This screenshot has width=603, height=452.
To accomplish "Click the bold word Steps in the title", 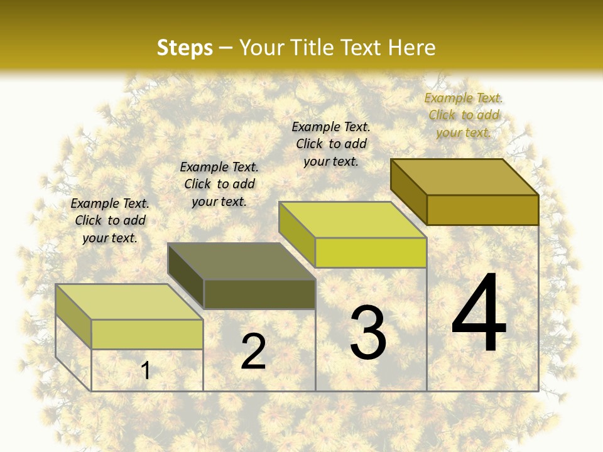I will click(185, 48).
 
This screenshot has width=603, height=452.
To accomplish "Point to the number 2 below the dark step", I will click(253, 352).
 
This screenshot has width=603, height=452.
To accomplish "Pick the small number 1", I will click(146, 370).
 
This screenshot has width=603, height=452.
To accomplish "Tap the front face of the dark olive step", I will click(259, 294).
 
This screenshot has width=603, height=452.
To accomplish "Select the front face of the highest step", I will click(482, 210).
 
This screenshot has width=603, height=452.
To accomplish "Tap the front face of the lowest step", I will click(147, 334).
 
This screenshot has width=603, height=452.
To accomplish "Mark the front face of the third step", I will click(371, 252).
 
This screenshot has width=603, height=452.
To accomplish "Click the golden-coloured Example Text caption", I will click(464, 116).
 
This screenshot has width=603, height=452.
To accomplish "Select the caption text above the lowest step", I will click(110, 220).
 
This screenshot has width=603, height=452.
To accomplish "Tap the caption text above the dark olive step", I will click(219, 184).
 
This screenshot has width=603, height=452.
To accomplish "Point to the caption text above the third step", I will click(331, 144).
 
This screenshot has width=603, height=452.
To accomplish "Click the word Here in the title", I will click(412, 48).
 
